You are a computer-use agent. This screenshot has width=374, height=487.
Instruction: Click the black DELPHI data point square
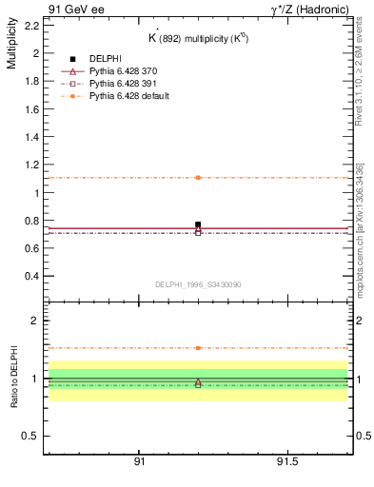[198, 225]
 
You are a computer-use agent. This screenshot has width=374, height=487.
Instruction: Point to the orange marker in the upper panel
[198, 178]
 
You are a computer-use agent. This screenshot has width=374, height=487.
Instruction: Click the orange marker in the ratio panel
[198, 348]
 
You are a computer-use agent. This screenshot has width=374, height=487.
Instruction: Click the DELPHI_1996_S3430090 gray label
[197, 283]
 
